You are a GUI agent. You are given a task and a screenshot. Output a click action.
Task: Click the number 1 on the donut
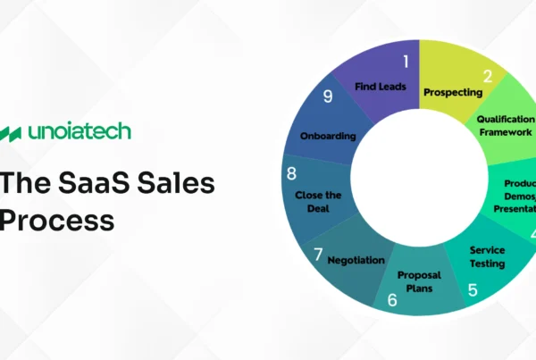tap(405, 62)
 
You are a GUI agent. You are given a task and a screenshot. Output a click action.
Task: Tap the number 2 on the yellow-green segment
tap(488, 77)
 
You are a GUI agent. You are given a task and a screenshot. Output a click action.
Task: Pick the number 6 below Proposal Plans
tap(392, 301)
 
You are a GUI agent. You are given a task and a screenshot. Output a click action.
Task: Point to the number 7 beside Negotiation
tap(317, 255)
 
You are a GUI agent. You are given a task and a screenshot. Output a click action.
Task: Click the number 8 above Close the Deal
tap(291, 173)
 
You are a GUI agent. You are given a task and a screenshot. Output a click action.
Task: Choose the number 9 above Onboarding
tap(328, 96)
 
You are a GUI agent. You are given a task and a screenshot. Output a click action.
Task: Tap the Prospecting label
tap(453, 91)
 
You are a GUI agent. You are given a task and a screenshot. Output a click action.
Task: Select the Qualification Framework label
tap(505, 125)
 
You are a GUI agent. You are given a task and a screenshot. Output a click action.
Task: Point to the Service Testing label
tap(487, 256)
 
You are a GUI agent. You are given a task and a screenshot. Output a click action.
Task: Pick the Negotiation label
tap(356, 260)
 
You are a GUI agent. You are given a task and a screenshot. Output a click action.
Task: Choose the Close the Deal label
tap(319, 200)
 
